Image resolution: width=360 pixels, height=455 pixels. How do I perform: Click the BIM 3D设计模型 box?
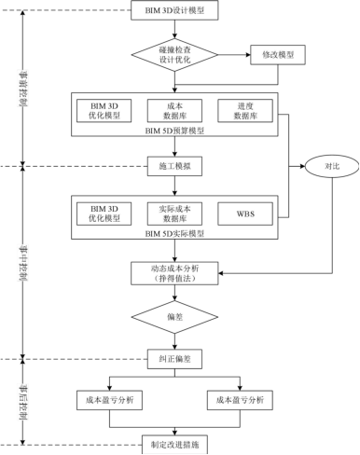[175, 12]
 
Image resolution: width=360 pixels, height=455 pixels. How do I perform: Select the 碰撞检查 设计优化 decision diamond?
[175, 55]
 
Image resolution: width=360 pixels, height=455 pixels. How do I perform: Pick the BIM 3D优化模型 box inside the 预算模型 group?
[104, 111]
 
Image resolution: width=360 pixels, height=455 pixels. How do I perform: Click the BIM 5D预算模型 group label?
[174, 131]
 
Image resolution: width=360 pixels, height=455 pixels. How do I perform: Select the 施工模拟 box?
[174, 165]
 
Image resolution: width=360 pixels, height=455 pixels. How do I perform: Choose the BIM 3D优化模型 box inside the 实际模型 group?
[104, 213]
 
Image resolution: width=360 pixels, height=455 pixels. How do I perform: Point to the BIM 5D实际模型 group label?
[174, 233]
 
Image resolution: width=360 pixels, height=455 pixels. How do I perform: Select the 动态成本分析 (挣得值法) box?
[174, 272]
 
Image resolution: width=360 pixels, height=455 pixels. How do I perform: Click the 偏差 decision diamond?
[174, 317]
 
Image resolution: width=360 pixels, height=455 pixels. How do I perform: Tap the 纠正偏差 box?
[174, 359]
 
